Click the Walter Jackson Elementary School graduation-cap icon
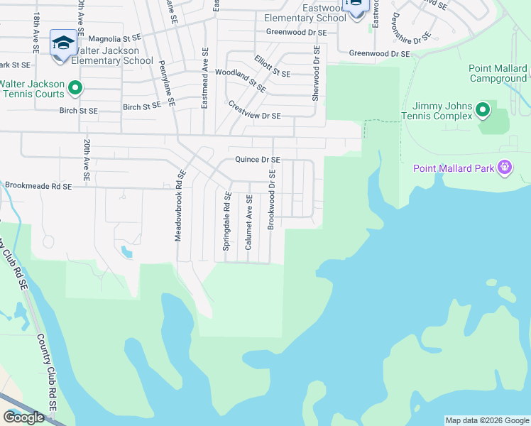pyautogui.click(x=63, y=43)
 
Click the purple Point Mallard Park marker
pyautogui.click(x=505, y=168)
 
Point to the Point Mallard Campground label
pyautogui.click(x=498, y=73)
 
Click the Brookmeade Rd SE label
pyautogui.click(x=38, y=186)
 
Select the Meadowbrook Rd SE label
pyautogui.click(x=180, y=205)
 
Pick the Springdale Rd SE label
pyautogui.click(x=227, y=221)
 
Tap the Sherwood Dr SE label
pyautogui.click(x=316, y=73)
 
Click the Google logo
pyautogui.click(x=23, y=417)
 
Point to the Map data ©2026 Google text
pyautogui.click(x=486, y=420)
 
